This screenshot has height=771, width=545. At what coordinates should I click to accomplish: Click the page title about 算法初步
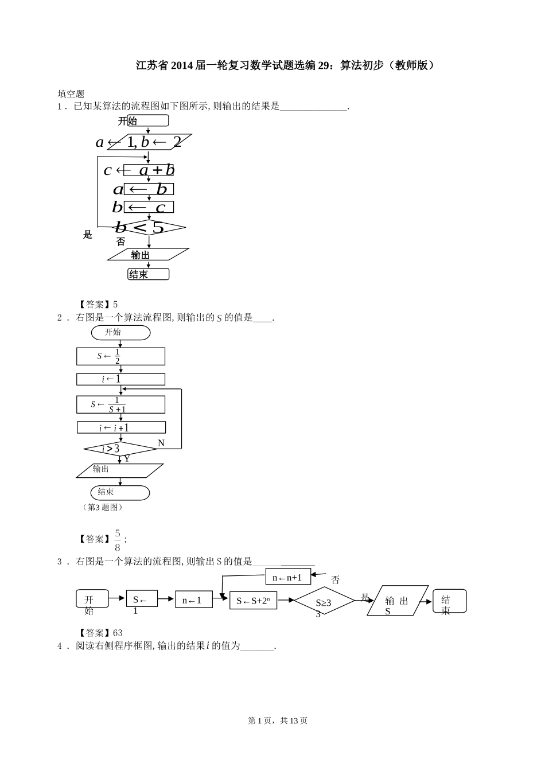click(x=285, y=65)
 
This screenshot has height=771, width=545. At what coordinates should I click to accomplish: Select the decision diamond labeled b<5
click(x=149, y=228)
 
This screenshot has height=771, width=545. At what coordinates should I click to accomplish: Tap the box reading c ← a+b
click(x=149, y=170)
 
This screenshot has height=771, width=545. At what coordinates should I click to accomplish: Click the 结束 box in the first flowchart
click(x=149, y=274)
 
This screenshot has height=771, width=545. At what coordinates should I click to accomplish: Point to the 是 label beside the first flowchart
click(x=88, y=235)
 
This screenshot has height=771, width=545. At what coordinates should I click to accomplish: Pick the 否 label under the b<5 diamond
click(x=120, y=242)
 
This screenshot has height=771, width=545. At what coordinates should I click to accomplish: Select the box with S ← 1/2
click(x=120, y=356)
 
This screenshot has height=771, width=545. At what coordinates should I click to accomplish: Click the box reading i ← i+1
click(x=121, y=427)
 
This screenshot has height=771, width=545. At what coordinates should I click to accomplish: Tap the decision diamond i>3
click(x=120, y=449)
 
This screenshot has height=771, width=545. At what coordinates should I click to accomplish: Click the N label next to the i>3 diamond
click(x=161, y=443)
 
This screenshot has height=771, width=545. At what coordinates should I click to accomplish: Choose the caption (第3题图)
click(x=103, y=507)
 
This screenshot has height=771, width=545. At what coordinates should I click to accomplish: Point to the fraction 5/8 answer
click(x=118, y=539)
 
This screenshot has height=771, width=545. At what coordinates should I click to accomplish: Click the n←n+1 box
click(x=287, y=578)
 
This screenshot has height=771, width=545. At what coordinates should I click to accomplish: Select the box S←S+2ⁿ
click(x=253, y=601)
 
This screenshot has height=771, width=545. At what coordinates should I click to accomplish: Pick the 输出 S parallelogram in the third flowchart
click(x=397, y=601)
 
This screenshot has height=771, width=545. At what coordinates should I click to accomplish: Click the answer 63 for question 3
click(x=118, y=633)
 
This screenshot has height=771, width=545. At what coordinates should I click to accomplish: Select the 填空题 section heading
click(x=71, y=94)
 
